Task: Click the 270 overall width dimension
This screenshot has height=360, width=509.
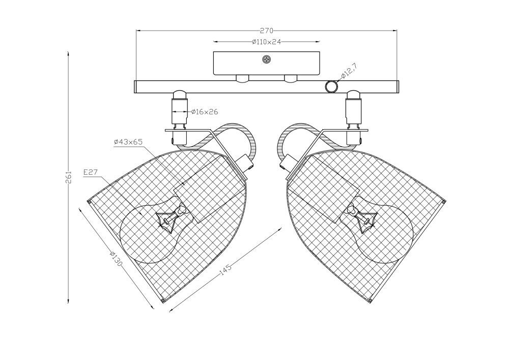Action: pos(267,31)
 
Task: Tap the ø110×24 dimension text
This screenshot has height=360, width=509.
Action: pos(266,42)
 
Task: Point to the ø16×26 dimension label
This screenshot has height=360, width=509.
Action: pos(205,112)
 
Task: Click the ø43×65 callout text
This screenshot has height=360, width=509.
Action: pos(128,142)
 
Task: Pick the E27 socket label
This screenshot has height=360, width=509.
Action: pos(91,173)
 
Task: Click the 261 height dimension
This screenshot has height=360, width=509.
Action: pos(69,177)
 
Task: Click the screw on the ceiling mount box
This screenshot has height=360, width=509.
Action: pos(267,60)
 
